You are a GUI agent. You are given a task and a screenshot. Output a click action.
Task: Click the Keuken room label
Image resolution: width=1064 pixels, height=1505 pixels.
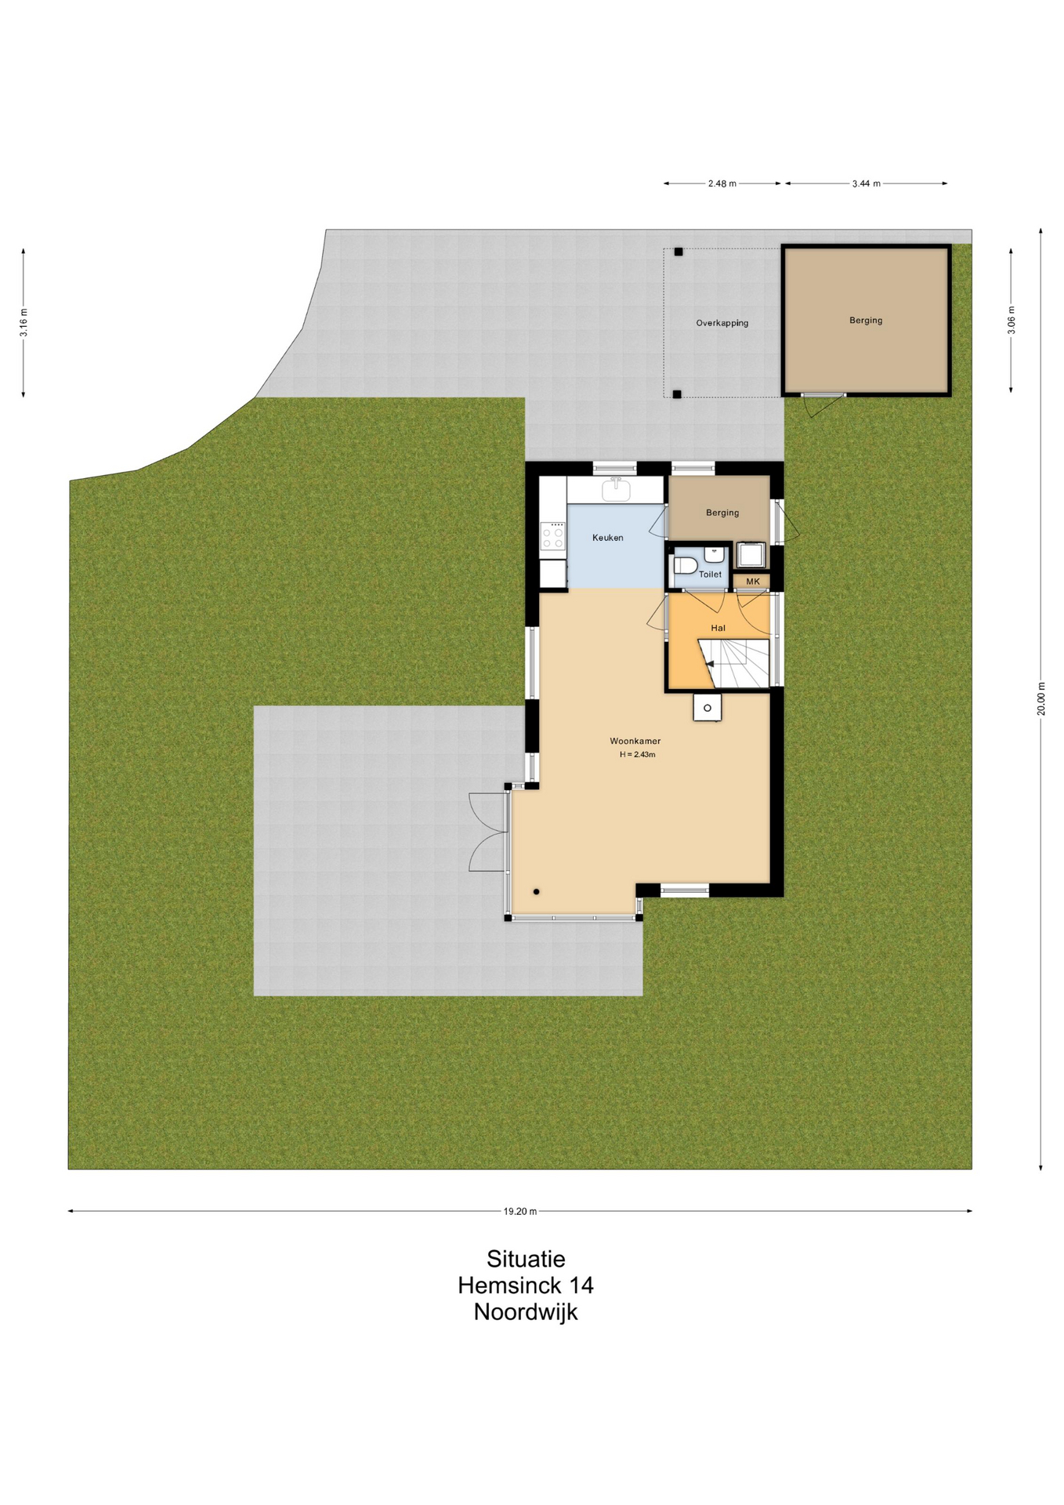pyautogui.click(x=607, y=538)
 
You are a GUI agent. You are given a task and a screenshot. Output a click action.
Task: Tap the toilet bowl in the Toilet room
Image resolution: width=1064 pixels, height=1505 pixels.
pyautogui.click(x=685, y=565)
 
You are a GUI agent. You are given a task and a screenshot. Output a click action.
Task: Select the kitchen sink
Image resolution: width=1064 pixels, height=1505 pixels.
pyautogui.click(x=616, y=490)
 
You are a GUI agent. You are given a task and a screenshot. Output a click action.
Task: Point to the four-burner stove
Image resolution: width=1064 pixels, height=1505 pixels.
pyautogui.click(x=553, y=536)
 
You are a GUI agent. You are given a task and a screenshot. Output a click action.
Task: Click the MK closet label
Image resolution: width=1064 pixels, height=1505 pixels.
pyautogui.click(x=753, y=582)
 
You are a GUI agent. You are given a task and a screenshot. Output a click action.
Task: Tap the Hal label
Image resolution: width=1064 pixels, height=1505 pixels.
pyautogui.click(x=718, y=628)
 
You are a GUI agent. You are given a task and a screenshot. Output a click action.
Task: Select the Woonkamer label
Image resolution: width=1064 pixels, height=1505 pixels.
pyautogui.click(x=635, y=741)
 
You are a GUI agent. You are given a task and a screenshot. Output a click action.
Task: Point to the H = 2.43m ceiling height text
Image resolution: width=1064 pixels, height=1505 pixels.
pyautogui.click(x=637, y=755)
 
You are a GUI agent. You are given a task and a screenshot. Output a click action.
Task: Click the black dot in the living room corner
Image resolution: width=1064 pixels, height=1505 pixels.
pyautogui.click(x=537, y=891)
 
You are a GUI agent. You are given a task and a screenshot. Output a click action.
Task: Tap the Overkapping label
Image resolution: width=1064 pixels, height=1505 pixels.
pyautogui.click(x=722, y=323)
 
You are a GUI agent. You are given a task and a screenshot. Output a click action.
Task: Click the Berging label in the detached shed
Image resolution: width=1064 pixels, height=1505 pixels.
pyautogui.click(x=866, y=321)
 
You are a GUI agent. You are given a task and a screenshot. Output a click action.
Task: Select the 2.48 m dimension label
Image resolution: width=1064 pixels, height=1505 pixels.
pyautogui.click(x=722, y=183)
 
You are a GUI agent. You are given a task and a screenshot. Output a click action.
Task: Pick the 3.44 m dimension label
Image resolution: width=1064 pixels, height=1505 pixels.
pyautogui.click(x=866, y=183)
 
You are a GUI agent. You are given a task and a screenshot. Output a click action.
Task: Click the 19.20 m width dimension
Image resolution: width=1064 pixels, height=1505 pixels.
pyautogui.click(x=520, y=1211)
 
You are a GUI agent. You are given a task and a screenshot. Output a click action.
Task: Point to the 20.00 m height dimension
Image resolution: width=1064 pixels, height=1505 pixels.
pyautogui.click(x=1041, y=698)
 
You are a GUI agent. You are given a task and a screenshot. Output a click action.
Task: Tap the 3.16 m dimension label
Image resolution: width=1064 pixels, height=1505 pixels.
pyautogui.click(x=24, y=323)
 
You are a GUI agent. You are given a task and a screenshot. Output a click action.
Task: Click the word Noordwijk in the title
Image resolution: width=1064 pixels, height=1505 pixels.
pyautogui.click(x=526, y=1312)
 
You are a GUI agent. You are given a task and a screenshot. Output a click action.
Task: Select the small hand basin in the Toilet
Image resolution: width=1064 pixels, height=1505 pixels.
pyautogui.click(x=714, y=554)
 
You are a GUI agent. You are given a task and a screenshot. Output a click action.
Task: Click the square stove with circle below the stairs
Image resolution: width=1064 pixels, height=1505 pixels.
pyautogui.click(x=707, y=708)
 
